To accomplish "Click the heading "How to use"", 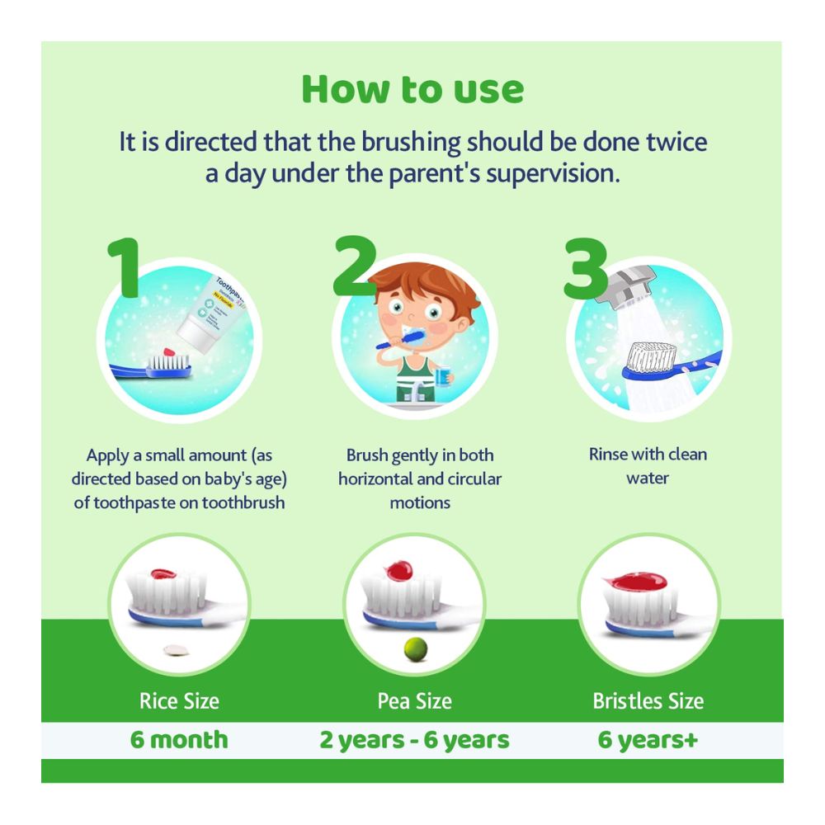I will (x=412, y=89).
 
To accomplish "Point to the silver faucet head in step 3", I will (x=630, y=284).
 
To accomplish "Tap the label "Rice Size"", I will (x=179, y=701).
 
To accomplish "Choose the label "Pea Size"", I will (x=414, y=701).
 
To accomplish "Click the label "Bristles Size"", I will (x=648, y=701).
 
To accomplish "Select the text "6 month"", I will (x=179, y=738).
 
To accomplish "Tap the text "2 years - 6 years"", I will (x=414, y=738).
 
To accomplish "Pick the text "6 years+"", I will (x=648, y=738).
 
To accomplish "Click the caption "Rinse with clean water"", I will (x=648, y=465).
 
